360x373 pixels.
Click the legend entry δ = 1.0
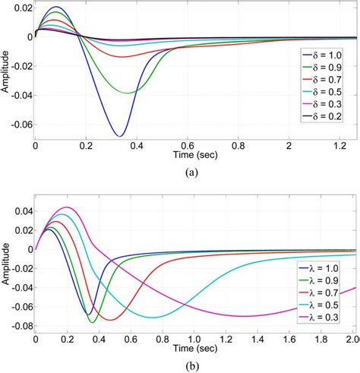[x=322, y=57]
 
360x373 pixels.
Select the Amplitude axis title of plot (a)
[x=6, y=72]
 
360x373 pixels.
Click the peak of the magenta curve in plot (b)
[x=68, y=207]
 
